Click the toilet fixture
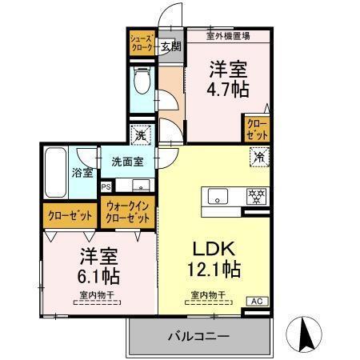pos(142,82)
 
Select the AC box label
pos(257,301)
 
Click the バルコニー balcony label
pos(198,336)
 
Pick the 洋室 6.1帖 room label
pos(99,266)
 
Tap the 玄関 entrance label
pos(170,46)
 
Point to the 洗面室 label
pos(127,161)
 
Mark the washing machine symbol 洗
pos(142,135)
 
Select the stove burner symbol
pos(256,196)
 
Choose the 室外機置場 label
pos(228,36)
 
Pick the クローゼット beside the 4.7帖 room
pos(257,130)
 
